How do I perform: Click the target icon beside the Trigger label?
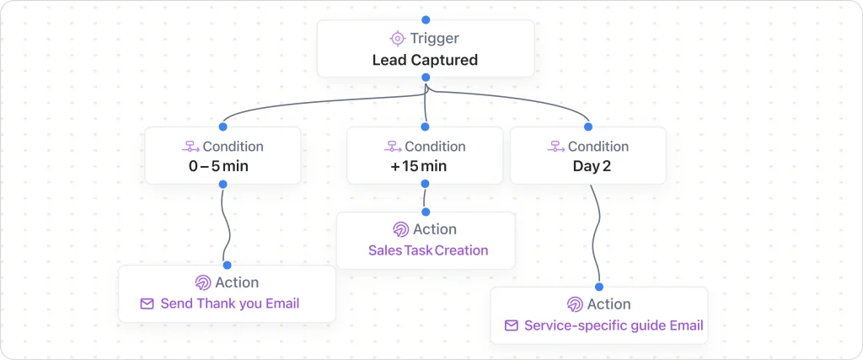pos(398,39)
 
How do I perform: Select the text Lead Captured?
pos(425,60)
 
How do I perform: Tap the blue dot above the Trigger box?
pos(426,19)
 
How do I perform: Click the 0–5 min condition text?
pos(218,166)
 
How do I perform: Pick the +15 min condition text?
pos(419,166)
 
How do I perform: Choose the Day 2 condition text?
pos(592,166)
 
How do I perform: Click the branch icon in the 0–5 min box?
pos(190,147)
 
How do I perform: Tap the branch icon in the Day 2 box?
pos(555,147)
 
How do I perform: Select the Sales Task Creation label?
pos(428,250)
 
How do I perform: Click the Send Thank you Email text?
pos(229,304)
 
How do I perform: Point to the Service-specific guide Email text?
pos(613,325)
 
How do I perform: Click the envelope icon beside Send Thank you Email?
pos(147,304)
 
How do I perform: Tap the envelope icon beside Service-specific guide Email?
pos(511,325)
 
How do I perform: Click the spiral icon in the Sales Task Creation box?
pos(401,229)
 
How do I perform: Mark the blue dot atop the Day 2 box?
pos(588,126)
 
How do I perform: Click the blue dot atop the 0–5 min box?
pos(223,126)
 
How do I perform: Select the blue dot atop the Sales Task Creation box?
pos(426,212)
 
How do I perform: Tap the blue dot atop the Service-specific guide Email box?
pos(599,287)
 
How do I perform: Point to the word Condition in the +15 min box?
pos(435,147)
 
